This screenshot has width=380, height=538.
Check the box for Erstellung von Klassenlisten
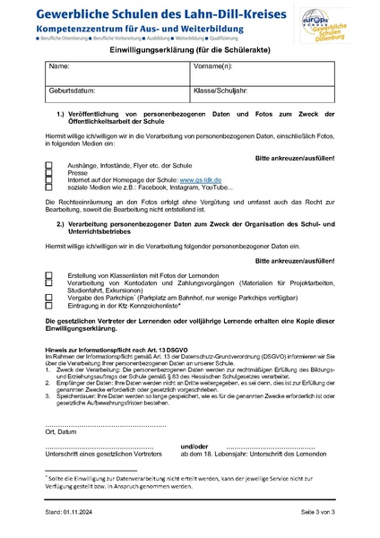coord(48,273)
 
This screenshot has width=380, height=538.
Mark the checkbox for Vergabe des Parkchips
coord(48,294)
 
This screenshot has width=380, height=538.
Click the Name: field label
coord(58,66)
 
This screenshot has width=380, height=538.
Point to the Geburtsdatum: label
coord(71,91)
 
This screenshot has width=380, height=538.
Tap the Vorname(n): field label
coord(213,66)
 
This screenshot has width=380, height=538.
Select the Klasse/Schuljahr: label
coord(220,91)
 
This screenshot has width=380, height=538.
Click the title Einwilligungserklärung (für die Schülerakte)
coord(190,53)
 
